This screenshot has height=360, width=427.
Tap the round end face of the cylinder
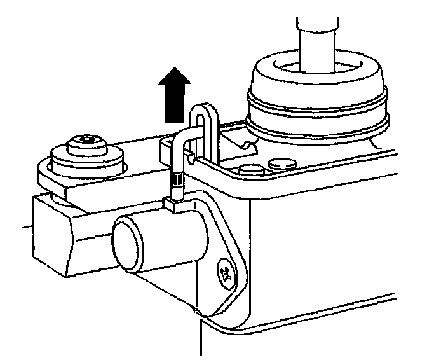pyautogui.click(x=131, y=238)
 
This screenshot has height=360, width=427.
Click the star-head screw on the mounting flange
pyautogui.click(x=224, y=272)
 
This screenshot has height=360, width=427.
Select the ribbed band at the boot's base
pyautogui.click(x=316, y=127)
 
